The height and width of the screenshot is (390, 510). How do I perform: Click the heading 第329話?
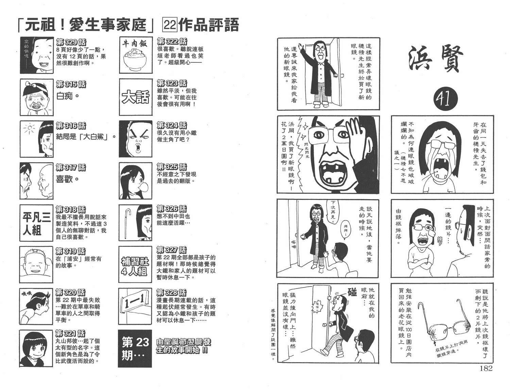click(x=71, y=42)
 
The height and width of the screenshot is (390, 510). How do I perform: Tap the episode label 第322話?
click(x=172, y=41)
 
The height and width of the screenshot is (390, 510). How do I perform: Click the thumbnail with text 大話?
click(x=136, y=97)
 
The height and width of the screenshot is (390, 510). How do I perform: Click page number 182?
click(x=486, y=369)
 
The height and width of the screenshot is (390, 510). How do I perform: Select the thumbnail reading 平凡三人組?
click(x=36, y=223)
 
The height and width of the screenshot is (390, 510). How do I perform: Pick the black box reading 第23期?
click(x=135, y=349)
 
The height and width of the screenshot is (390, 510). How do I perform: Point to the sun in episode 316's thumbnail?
click(x=30, y=128)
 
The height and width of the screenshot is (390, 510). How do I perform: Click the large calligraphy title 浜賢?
click(x=436, y=58)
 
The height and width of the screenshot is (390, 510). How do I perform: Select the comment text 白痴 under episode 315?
click(x=67, y=96)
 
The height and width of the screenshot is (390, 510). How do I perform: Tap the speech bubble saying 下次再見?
click(x=333, y=211)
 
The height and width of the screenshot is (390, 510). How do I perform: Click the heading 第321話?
click(x=70, y=333)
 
